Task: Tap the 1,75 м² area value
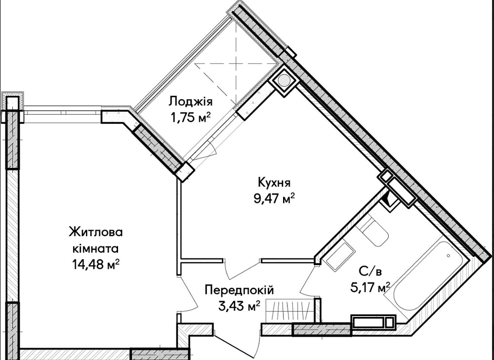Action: coord(190,117)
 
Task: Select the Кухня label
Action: coord(273,183)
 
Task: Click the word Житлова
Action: coord(95,232)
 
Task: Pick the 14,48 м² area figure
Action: coord(95,264)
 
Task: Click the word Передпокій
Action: coord(239,290)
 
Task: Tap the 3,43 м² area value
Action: coord(239,307)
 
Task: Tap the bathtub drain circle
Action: coord(448,256)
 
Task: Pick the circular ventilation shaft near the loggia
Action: coord(285,81)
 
